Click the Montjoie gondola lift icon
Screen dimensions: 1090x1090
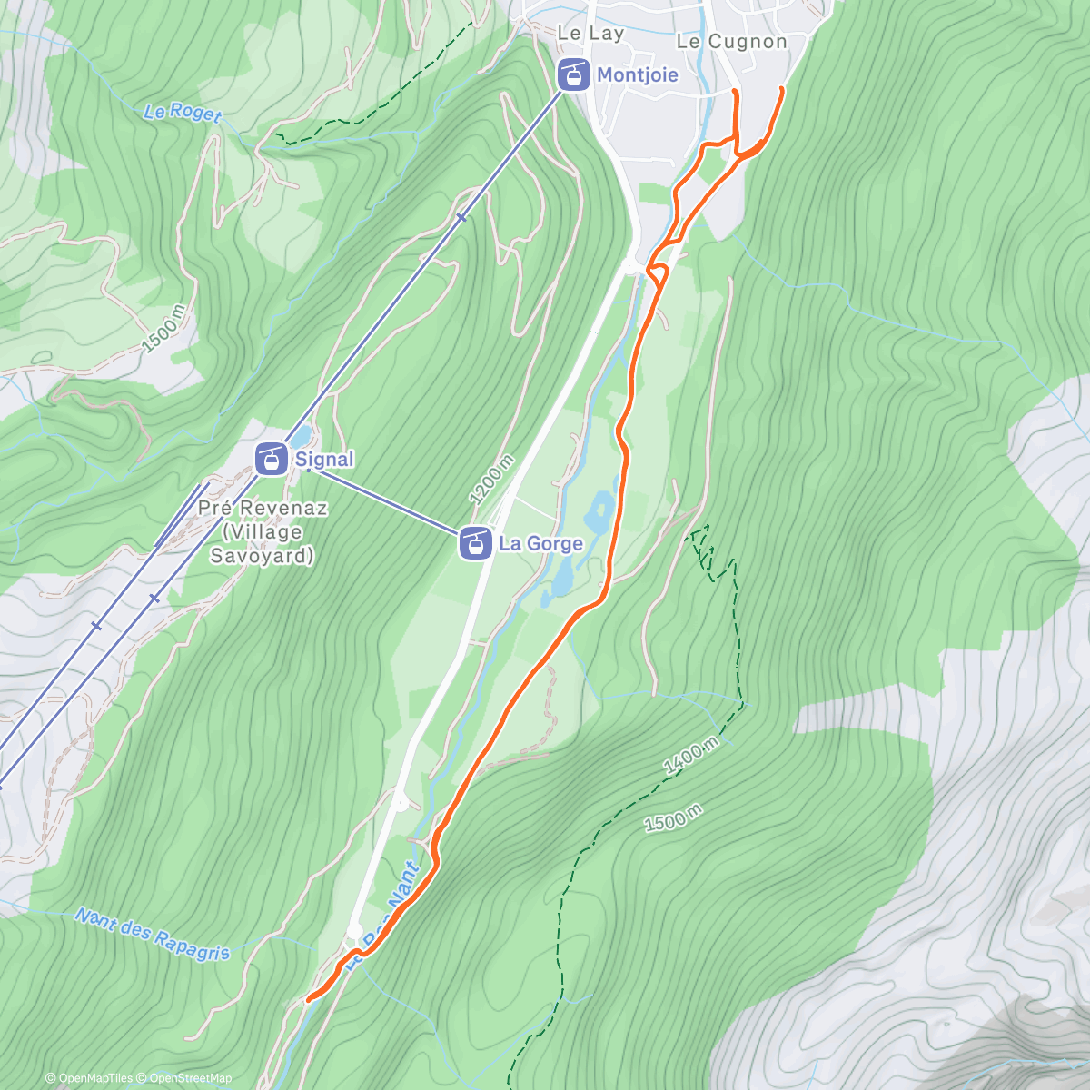pos(572,74)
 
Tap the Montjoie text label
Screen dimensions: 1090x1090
pos(637,74)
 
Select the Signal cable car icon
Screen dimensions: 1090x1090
pos(271,459)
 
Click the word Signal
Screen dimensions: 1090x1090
pos(324,460)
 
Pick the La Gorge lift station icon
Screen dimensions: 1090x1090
pos(475,543)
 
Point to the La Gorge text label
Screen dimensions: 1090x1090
pos(540,543)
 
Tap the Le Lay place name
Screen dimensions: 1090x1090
pos(590,34)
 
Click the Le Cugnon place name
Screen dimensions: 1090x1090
pos(731,42)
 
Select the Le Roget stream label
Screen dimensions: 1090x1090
pos(183,113)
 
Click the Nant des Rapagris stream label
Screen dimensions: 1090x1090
pos(152,933)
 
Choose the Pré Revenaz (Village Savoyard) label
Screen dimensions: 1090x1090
pos(262,531)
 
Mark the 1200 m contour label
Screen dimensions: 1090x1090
pos(491,479)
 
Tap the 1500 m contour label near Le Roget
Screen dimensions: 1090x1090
pos(163,329)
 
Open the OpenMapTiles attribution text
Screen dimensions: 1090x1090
pos(88,1078)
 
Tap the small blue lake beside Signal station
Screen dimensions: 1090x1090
pos(302,437)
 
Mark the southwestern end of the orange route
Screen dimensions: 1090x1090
pos(309,999)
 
